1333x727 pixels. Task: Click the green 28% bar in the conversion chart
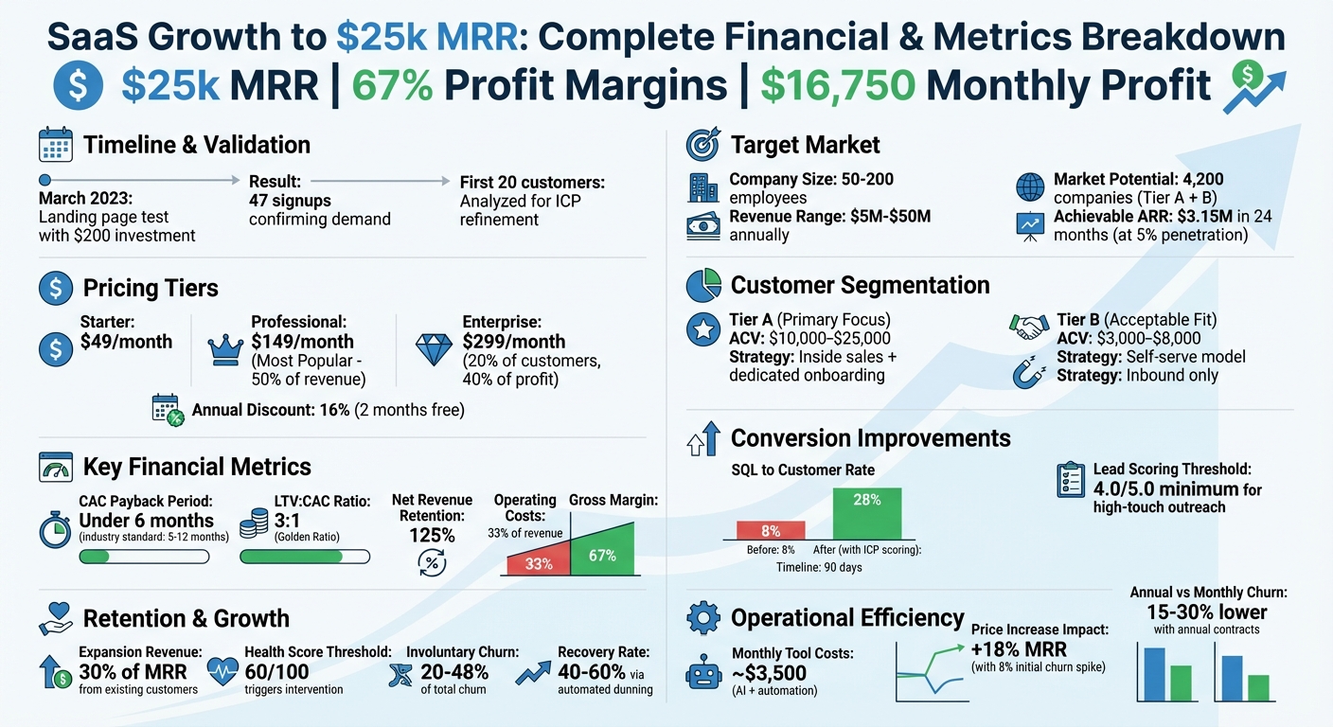coord(867,514)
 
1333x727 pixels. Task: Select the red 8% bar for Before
coord(771,531)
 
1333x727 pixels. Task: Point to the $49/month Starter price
coord(126,342)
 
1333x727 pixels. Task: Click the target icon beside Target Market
coord(702,145)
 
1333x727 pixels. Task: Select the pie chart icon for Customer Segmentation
coord(702,285)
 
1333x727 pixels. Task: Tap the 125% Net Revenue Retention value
coord(431,535)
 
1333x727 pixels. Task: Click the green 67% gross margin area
coord(603,554)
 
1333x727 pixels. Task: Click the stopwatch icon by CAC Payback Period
coord(56,529)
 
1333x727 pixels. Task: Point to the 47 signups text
coord(290,201)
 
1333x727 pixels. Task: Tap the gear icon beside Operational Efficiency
coord(702,618)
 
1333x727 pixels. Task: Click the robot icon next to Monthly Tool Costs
coord(702,675)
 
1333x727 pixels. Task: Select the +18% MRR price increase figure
coord(1019,649)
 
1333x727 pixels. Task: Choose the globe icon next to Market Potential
coord(1029,186)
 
